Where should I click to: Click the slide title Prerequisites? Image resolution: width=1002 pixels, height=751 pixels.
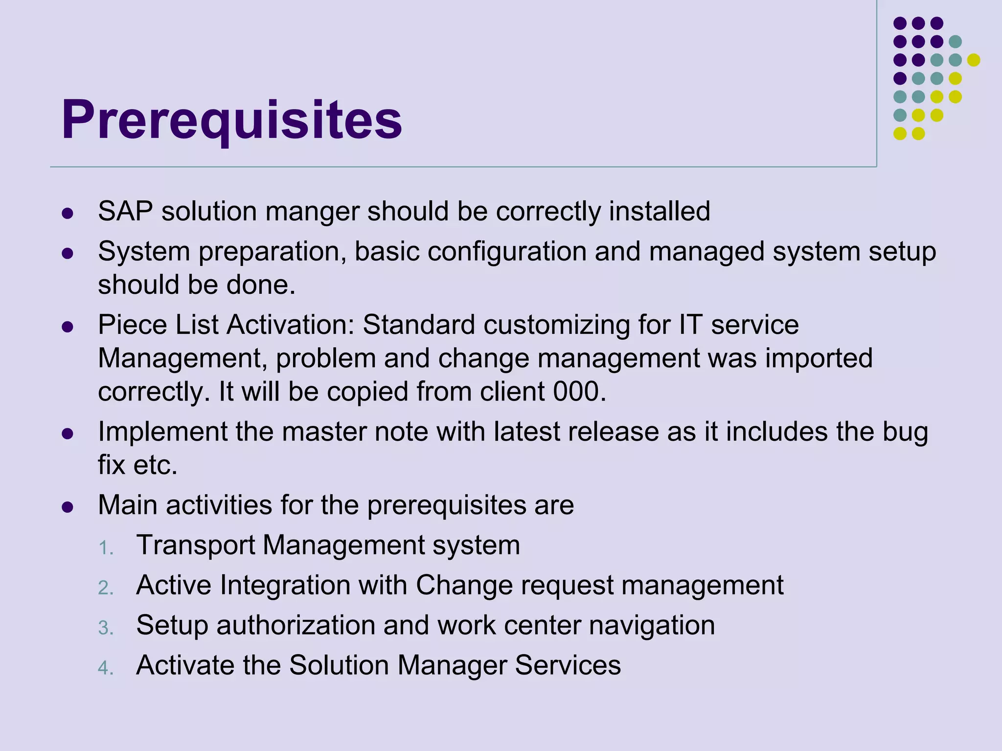click(231, 120)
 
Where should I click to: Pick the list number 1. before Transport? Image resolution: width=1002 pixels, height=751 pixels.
click(106, 548)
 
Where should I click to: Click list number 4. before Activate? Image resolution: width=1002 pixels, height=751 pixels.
click(106, 668)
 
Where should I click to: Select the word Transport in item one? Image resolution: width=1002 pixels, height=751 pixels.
click(195, 545)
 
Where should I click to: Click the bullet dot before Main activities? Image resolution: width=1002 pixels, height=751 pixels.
click(68, 507)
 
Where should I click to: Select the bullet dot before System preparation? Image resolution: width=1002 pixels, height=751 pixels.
click(68, 253)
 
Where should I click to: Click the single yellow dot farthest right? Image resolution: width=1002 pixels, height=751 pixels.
click(974, 60)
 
